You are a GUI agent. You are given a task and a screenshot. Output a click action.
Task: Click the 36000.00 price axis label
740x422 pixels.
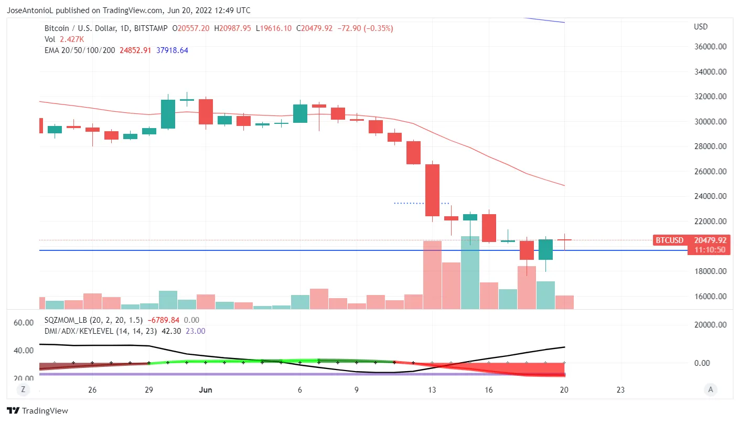click(711, 47)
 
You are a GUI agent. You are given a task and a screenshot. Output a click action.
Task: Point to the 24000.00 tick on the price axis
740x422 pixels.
click(711, 196)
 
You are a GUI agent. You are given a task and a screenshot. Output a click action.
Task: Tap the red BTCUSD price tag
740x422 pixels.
click(670, 240)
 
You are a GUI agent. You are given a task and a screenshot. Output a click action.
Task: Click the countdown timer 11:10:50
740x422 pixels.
click(710, 250)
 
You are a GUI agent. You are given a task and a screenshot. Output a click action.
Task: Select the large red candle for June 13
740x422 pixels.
click(432, 190)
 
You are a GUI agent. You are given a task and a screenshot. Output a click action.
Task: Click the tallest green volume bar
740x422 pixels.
click(470, 272)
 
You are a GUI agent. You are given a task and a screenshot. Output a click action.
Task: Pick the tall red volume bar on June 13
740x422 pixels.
click(432, 275)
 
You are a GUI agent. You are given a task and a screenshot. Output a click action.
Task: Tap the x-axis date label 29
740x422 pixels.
click(149, 390)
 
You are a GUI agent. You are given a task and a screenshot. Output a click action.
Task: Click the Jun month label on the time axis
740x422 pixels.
click(206, 390)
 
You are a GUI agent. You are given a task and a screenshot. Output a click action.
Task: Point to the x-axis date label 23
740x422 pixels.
click(620, 390)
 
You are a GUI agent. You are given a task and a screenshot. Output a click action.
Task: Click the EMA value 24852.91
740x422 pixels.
click(136, 50)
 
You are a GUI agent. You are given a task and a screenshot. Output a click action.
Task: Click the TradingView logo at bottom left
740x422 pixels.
click(37, 411)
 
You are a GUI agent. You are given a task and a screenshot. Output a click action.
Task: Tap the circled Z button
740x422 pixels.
click(23, 389)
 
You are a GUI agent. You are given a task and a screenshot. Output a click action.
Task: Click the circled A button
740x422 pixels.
click(711, 389)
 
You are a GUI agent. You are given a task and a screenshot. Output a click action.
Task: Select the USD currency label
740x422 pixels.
click(701, 27)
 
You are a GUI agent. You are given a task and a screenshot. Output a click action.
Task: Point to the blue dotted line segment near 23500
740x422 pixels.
click(421, 203)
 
